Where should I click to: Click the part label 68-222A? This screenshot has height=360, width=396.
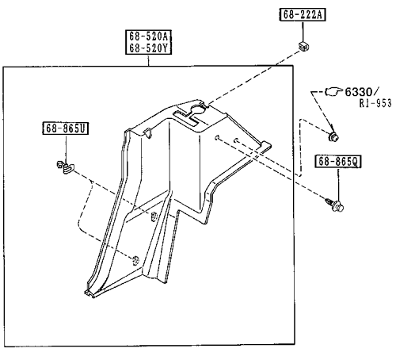click(x=303, y=14)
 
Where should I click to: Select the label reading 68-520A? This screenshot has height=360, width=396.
click(x=149, y=36)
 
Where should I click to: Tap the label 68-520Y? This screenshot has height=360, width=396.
click(x=149, y=48)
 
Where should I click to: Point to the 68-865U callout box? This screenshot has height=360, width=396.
click(x=66, y=128)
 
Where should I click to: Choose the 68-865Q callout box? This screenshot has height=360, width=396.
click(x=337, y=161)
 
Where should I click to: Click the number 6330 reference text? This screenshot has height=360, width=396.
click(x=359, y=92)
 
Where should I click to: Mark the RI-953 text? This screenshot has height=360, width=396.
click(x=375, y=103)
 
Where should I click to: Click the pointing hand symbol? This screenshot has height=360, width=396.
click(x=334, y=91)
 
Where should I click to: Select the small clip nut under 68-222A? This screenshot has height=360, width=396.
click(x=303, y=46)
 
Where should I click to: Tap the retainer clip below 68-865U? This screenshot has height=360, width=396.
click(x=66, y=167)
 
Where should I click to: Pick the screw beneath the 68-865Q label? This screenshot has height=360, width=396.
click(x=335, y=205)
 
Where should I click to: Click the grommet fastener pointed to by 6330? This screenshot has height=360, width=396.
click(x=333, y=136)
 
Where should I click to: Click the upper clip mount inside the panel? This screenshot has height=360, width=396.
click(x=154, y=216)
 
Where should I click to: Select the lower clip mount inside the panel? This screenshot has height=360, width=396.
click(x=135, y=261)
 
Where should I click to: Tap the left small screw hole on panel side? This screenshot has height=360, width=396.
click(x=217, y=137)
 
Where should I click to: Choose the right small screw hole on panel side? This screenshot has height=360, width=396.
click(x=236, y=140)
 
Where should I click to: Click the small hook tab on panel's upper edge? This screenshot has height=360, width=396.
click(x=148, y=133)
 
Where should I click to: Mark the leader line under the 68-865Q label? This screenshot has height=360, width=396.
click(x=338, y=184)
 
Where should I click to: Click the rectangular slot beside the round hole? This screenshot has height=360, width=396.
click(x=185, y=119)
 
